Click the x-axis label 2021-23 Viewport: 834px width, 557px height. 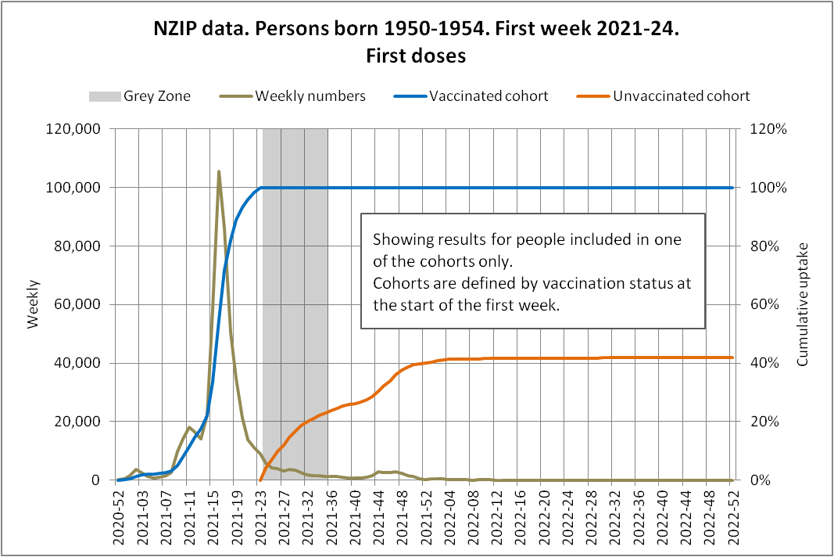click(x=260, y=516)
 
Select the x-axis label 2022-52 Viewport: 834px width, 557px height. click(x=731, y=516)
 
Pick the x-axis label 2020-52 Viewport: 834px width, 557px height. click(x=118, y=516)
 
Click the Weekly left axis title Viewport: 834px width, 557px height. click(x=34, y=305)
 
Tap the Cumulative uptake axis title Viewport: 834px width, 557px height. click(x=803, y=305)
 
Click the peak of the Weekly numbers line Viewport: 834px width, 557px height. click(x=219, y=171)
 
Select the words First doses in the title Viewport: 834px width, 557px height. click(x=416, y=56)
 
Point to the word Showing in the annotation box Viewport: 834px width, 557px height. click(x=399, y=239)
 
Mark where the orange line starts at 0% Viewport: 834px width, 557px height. click(x=260, y=480)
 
